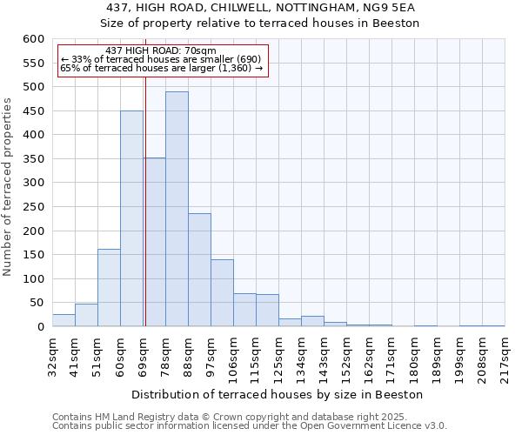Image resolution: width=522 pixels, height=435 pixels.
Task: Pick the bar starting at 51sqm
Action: pos(109,288)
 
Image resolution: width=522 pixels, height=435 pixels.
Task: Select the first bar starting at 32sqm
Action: pos(64,320)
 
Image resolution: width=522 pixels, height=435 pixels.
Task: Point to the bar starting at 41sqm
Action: pos(86,315)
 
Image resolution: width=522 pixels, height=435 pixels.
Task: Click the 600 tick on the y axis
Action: pos(32,39)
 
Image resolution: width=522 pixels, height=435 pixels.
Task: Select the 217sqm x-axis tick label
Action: pos(505,358)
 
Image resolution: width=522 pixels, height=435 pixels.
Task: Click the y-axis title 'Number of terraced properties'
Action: pos(8,187)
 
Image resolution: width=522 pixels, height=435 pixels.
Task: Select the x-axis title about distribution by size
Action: pos(278,394)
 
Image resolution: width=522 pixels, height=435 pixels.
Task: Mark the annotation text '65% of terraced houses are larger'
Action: pos(161,68)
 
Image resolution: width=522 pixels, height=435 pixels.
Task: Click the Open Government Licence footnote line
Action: pos(250,425)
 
